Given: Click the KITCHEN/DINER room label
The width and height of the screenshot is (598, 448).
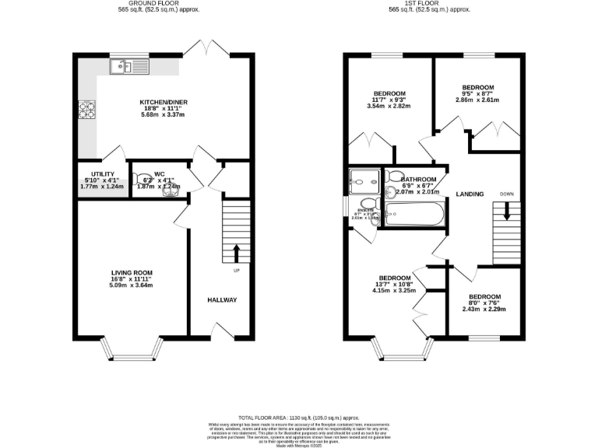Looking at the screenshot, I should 164,102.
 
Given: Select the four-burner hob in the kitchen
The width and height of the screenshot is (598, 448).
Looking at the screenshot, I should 86,110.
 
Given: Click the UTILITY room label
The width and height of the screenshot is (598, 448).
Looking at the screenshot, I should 103,174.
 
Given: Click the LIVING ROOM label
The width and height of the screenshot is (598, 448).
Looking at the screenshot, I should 131,273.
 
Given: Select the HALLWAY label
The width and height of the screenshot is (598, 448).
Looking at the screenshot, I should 222,300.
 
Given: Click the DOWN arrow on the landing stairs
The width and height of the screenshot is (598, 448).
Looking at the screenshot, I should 506,210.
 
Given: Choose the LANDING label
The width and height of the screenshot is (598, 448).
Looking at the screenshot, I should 470,194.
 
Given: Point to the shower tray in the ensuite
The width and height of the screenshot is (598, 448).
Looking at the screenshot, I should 364,181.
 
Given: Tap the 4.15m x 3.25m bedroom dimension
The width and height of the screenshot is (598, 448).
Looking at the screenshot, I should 395,291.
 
